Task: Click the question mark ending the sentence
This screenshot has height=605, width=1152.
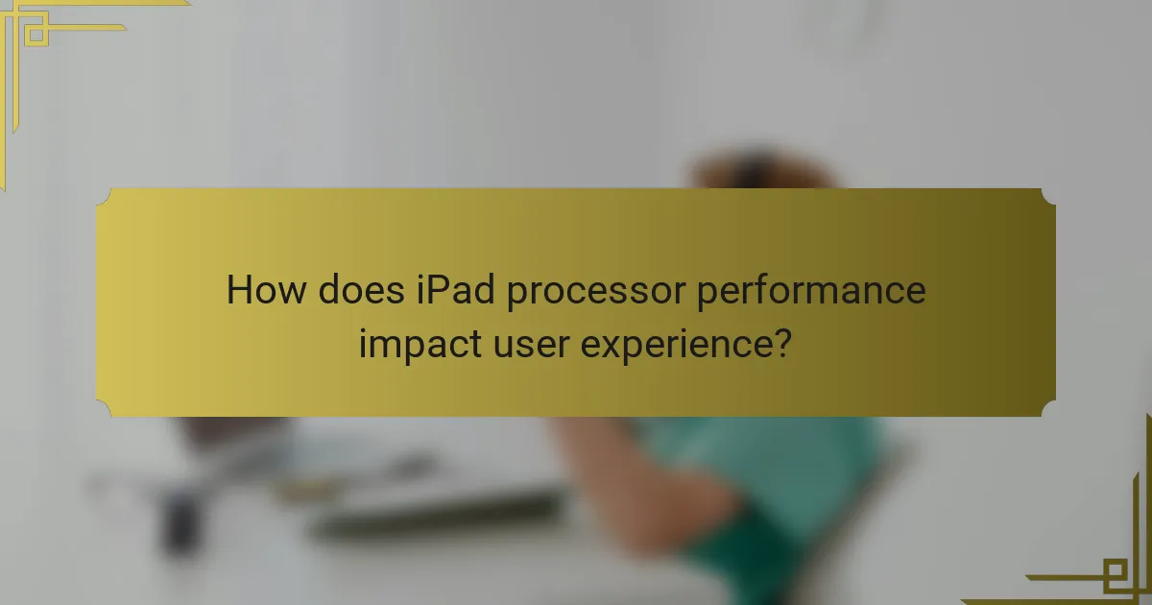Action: point(783,342)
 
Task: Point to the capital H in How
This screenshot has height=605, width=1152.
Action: point(238,290)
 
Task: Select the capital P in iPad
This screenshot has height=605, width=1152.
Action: point(442,290)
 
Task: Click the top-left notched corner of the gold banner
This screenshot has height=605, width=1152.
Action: point(103,194)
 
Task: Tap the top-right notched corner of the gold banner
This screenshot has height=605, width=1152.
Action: point(1049,194)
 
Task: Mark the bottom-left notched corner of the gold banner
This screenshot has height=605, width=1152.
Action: point(103,410)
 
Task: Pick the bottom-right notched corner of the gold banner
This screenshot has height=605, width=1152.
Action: point(1049,410)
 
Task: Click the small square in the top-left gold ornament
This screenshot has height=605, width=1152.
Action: point(36,36)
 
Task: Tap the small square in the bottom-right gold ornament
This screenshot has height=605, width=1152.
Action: point(1116,575)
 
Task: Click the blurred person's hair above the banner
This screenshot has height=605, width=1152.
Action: point(758,168)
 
